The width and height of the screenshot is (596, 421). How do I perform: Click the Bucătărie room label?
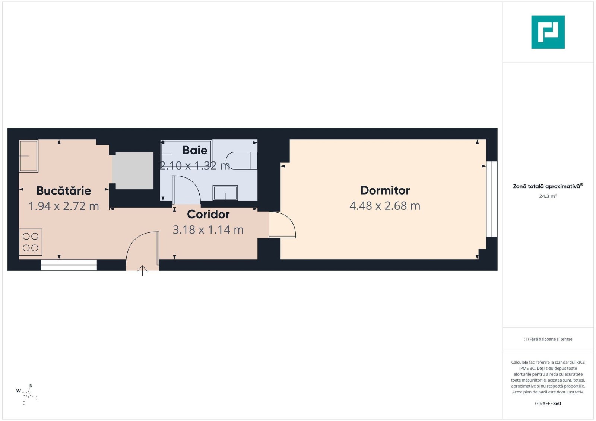(64, 190)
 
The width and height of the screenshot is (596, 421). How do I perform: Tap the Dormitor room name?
(385, 190)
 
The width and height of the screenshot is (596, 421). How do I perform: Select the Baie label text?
(195, 150)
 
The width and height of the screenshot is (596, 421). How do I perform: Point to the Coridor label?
(208, 214)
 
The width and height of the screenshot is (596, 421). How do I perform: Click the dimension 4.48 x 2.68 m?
(385, 206)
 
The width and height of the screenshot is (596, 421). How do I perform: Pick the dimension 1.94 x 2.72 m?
(64, 206)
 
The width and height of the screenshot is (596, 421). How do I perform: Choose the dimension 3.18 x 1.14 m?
(208, 230)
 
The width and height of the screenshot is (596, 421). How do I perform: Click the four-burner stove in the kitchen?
(30, 242)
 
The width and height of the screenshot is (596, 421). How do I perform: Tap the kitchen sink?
(29, 156)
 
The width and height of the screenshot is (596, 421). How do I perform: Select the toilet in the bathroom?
(241, 160)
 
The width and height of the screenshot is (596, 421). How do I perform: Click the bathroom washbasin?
(225, 193)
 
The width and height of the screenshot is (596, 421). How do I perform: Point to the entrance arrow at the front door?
(142, 270)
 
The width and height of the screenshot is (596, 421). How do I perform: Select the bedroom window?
(492, 199)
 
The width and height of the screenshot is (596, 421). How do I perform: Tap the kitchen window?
(69, 265)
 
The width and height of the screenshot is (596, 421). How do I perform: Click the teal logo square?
(548, 32)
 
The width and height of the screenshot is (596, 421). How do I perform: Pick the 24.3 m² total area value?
(548, 196)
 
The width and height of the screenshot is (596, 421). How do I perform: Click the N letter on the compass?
(31, 386)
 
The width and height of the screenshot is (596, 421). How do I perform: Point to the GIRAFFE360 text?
(548, 404)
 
